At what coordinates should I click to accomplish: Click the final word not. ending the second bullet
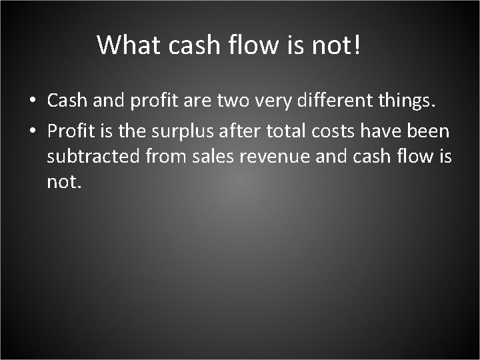click(64, 181)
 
